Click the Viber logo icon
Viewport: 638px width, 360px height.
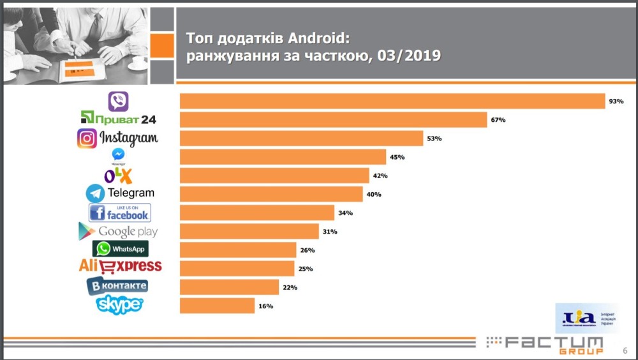click(118, 101)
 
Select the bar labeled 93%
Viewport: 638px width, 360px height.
click(392, 101)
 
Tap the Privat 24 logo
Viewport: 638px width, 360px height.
click(118, 119)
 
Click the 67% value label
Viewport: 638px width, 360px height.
click(498, 120)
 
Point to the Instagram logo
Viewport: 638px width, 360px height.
click(118, 138)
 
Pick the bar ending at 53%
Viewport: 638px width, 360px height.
click(301, 139)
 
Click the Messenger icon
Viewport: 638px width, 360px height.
click(118, 155)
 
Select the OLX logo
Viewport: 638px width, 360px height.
click(118, 175)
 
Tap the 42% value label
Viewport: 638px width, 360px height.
click(381, 176)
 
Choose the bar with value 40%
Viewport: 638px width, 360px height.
click(271, 194)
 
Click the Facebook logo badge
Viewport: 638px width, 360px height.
click(120, 213)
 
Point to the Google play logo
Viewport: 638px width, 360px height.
click(118, 231)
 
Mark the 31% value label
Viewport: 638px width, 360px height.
click(330, 231)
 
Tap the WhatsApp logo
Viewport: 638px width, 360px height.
click(121, 249)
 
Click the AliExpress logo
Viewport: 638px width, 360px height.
click(120, 266)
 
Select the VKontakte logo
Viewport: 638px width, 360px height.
click(118, 286)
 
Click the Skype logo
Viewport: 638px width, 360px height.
click(119, 304)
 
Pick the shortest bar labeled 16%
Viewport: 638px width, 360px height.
click(217, 306)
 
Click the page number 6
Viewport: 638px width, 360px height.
click(625, 350)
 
